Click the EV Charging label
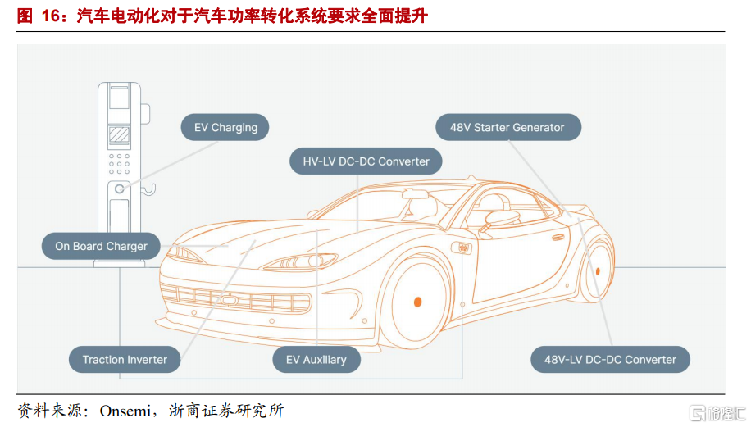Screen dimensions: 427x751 (225, 128)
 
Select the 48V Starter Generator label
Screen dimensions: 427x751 (507, 128)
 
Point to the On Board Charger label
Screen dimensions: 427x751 (101, 246)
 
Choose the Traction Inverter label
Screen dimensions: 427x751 (125, 360)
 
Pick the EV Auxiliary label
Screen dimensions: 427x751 (316, 360)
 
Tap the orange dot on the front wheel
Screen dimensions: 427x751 (417, 302)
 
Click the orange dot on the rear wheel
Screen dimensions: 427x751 (597, 270)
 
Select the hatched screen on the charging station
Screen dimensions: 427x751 (120, 133)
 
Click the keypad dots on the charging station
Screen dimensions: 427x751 (120, 163)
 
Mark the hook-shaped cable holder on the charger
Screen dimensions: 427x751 (148, 191)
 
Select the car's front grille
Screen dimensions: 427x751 (238, 299)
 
